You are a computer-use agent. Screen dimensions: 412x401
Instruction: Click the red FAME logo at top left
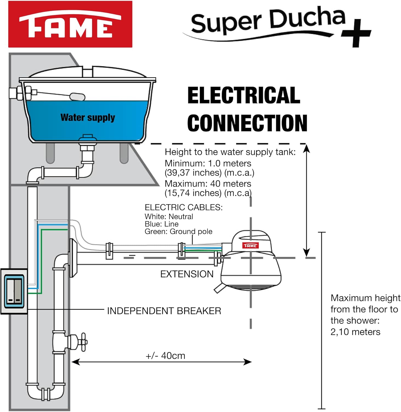pos(70,24)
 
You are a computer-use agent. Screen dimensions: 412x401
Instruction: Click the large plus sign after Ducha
pos(356,33)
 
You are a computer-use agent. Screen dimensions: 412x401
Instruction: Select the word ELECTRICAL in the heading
pos(244,95)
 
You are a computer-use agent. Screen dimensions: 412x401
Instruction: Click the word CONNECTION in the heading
pos(247,123)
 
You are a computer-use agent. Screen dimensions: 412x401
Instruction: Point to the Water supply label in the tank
pos(88,118)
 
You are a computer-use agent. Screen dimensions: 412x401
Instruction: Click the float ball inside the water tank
pos(77,97)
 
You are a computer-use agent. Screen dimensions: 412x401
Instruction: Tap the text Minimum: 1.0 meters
pos(208,163)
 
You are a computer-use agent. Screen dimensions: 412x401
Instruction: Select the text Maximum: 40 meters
pos(208,183)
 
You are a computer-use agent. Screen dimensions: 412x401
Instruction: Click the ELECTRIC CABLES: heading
pos(183,207)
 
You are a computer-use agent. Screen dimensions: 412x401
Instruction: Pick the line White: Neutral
pos(169,216)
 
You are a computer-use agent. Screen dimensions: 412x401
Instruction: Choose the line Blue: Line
pos(161,224)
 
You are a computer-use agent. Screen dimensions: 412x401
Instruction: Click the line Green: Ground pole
pos(178,232)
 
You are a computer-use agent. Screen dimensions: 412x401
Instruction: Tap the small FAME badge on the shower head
pos(250,246)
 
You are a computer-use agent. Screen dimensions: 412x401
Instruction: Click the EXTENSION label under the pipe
pos(187,274)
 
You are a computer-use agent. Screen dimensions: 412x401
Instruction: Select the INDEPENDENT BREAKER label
pos(164,311)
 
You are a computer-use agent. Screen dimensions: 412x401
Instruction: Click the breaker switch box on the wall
pos(14,291)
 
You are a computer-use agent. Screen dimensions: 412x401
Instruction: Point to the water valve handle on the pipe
pos(82,342)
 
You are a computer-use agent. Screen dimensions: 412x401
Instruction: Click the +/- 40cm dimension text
pos(165,356)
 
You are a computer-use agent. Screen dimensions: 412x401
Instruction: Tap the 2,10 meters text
pos(355,332)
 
